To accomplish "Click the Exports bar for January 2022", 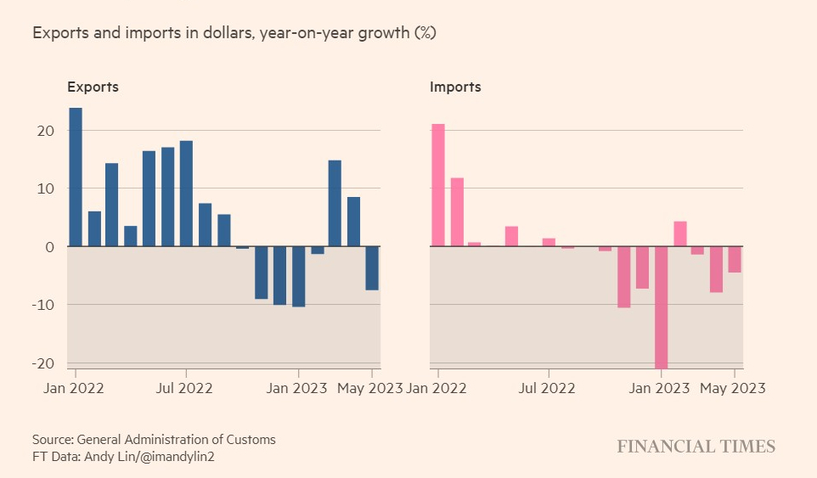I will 76,177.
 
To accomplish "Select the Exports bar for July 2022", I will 186,194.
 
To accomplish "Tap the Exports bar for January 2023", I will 298,276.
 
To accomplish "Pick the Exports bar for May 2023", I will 372,268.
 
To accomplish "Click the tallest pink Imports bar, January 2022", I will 438,185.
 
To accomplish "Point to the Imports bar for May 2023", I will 735,259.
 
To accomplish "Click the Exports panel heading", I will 93,87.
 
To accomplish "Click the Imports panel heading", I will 455,87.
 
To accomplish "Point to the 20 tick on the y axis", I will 45,131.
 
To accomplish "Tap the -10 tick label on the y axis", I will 42,305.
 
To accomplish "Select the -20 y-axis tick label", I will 42,363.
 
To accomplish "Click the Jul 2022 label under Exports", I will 186,388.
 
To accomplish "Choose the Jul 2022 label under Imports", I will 548,388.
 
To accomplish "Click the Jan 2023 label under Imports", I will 660,388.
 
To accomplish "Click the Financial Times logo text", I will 696,447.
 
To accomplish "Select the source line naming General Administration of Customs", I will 154,440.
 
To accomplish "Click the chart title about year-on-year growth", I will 234,34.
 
